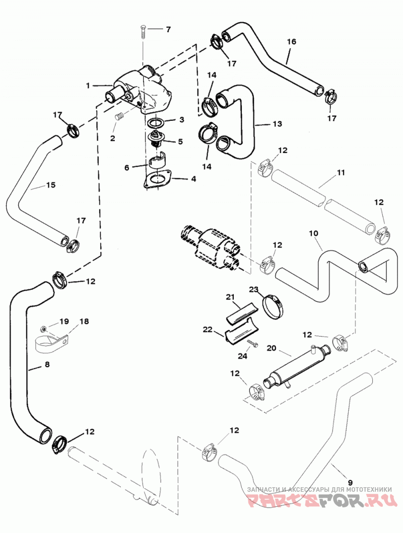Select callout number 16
click(292, 42)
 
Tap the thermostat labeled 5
click(156, 139)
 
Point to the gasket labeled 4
click(158, 178)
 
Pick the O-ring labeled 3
click(157, 122)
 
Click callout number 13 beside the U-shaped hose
click(277, 124)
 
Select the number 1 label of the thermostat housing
click(88, 86)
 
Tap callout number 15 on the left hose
click(51, 185)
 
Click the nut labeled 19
click(43, 329)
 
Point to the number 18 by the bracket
click(84, 321)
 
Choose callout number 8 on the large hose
click(47, 364)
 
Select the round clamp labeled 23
click(274, 307)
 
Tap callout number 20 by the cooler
click(272, 348)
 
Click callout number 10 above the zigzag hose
click(313, 234)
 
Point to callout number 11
click(341, 172)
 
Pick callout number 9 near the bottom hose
click(350, 482)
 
